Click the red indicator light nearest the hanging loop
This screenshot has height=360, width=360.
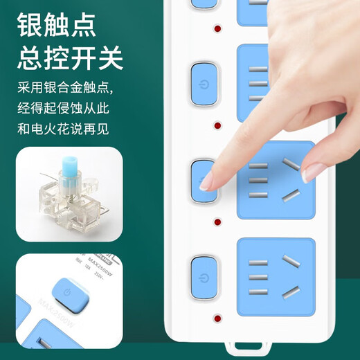(x=218, y=320)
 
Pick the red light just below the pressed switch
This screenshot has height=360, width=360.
(x=218, y=222)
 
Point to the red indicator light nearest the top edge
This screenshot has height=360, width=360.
(x=218, y=30)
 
